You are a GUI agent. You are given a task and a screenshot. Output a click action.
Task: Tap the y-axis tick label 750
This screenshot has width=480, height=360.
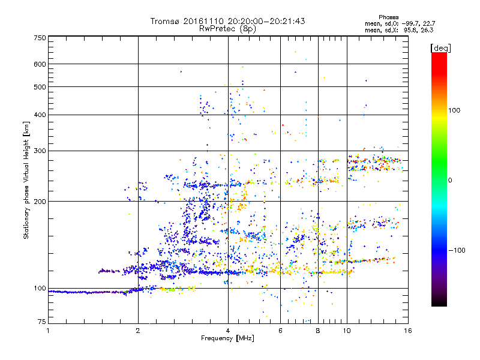coord(40,38)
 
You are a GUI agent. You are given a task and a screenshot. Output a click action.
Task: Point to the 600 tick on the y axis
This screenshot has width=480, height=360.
coord(40,64)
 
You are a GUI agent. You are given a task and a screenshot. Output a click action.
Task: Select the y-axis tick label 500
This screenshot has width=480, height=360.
coord(40,87)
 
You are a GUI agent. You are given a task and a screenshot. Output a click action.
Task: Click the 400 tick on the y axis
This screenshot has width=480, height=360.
coord(40,115)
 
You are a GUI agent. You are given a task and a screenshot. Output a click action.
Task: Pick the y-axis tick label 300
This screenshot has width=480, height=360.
coord(40,151)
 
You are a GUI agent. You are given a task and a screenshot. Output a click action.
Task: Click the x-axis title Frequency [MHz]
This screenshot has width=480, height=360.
coord(227,339)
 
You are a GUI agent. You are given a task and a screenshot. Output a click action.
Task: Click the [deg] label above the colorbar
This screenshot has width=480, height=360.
coord(440,47)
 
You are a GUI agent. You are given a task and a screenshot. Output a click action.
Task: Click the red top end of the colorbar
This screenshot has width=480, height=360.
coord(439,56)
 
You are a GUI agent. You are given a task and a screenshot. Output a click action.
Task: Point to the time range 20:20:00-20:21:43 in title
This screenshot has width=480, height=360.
coord(266,21)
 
